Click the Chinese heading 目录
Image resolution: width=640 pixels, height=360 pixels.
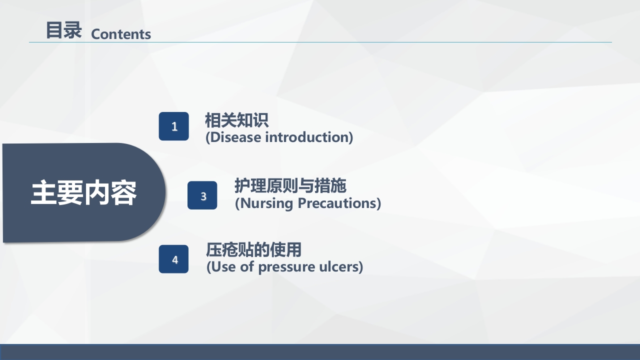pyautogui.click(x=63, y=30)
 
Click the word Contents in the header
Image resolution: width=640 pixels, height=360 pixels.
pyautogui.click(x=121, y=34)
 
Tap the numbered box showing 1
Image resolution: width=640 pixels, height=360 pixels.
pyautogui.click(x=174, y=126)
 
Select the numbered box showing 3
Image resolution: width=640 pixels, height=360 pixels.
pyautogui.click(x=202, y=195)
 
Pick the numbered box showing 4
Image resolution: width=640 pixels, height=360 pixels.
pyautogui.click(x=174, y=259)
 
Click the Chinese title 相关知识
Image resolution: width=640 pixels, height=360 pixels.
pyautogui.click(x=236, y=120)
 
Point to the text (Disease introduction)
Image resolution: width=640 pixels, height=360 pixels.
pyautogui.click(x=279, y=137)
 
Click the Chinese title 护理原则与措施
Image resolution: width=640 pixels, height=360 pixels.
pyautogui.click(x=290, y=186)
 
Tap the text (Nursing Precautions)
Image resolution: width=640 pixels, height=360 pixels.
pyautogui.click(x=307, y=203)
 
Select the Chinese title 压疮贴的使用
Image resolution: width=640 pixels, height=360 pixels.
pyautogui.click(x=253, y=249)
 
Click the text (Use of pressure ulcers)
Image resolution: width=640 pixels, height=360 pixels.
pyautogui.click(x=284, y=266)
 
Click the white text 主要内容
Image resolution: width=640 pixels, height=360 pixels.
pyautogui.click(x=83, y=193)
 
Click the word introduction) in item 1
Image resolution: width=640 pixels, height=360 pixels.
pyautogui.click(x=309, y=137)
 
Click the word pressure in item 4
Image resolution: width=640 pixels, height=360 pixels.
pyautogui.click(x=283, y=267)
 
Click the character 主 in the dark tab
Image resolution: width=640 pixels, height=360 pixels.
pyautogui.click(x=43, y=193)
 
